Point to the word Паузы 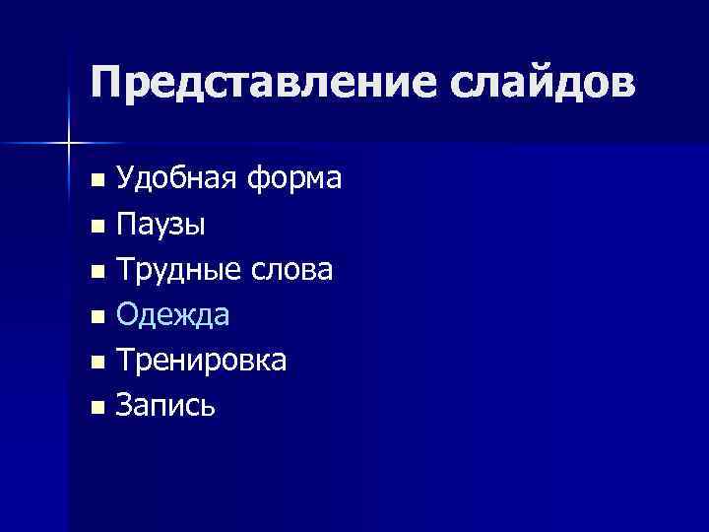161,225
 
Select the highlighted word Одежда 172,315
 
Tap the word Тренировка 202,361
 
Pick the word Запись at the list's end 164,406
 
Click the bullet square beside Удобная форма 96,180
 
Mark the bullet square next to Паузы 96,227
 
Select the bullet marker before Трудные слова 96,272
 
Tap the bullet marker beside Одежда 96,317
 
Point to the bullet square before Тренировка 96,363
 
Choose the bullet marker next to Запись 96,408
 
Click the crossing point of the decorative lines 68,144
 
